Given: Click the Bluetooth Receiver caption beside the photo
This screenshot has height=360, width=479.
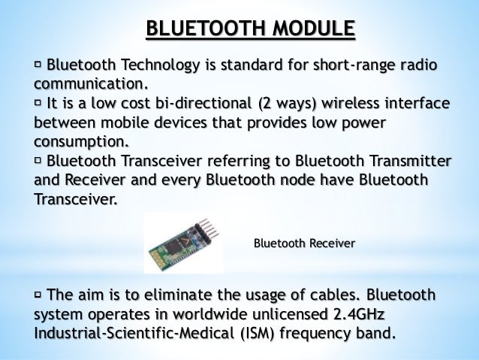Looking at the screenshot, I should tap(303, 244).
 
